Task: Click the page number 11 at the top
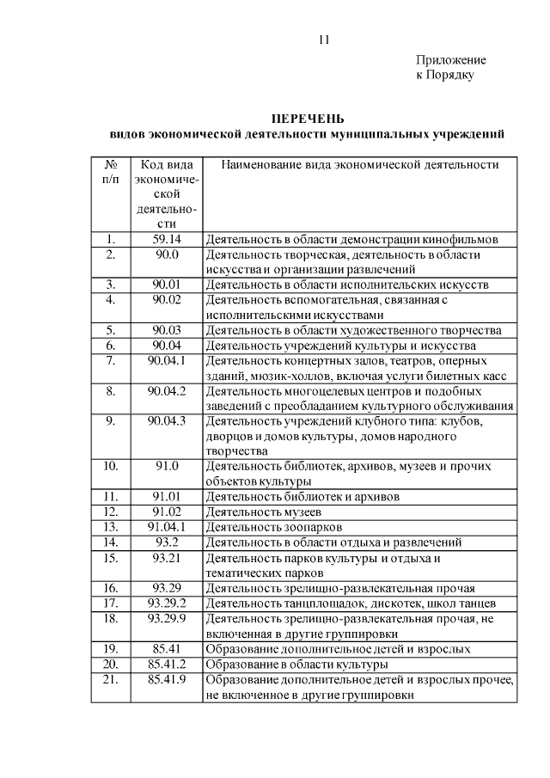click(x=323, y=40)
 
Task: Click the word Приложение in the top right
click(x=451, y=60)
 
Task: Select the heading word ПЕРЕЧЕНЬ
click(x=308, y=118)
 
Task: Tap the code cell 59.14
click(x=167, y=240)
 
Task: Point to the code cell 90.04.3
click(x=167, y=420)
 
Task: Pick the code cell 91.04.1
click(x=167, y=526)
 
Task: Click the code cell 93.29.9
click(x=167, y=617)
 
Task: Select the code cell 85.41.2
click(x=167, y=664)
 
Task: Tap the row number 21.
click(x=111, y=680)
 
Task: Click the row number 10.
click(x=111, y=466)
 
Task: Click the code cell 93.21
click(x=167, y=558)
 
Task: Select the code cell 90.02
click(x=167, y=299)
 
